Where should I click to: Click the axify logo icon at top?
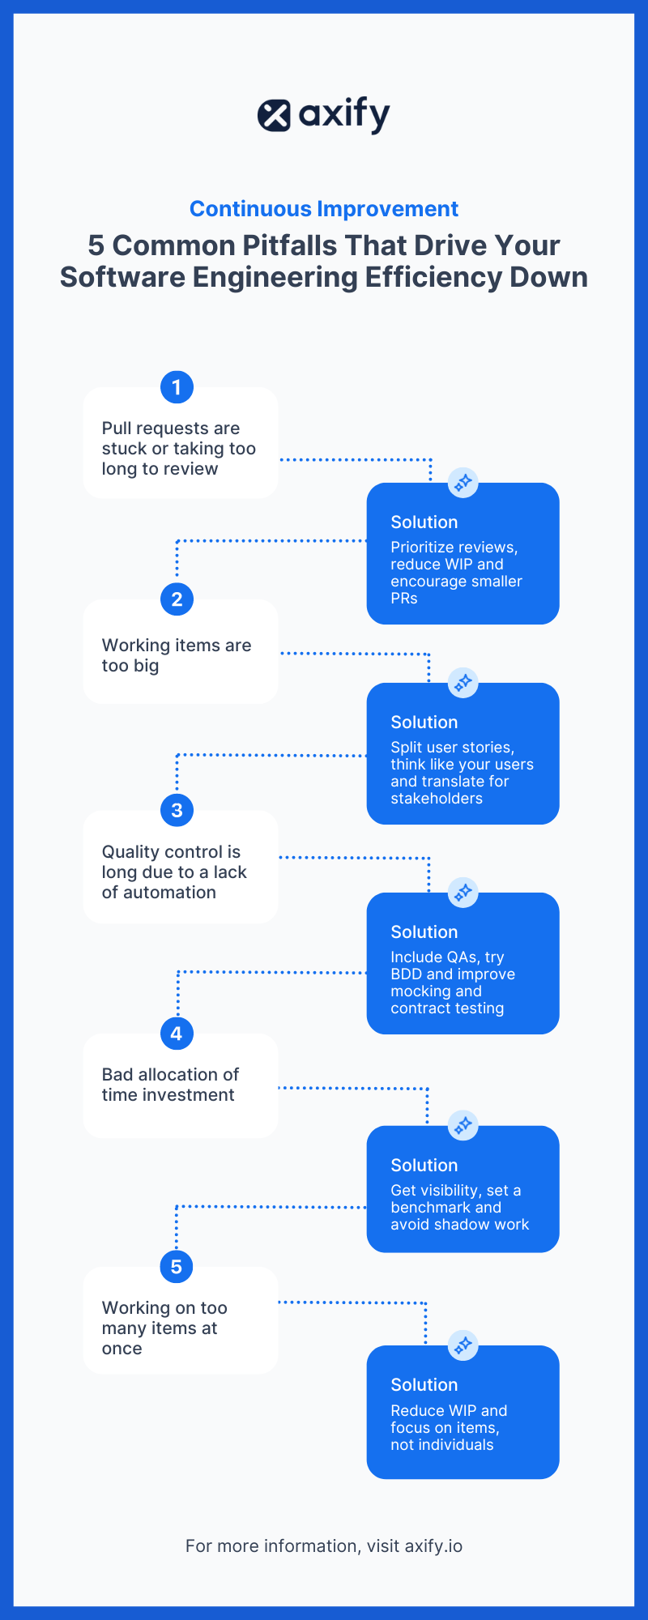pos(274,116)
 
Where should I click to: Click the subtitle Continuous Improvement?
pos(324,209)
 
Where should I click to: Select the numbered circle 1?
pos(177,387)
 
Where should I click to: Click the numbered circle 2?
pos(177,599)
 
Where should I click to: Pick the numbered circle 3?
pos(177,810)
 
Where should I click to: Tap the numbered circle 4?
pos(177,1034)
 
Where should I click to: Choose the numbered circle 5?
pos(177,1267)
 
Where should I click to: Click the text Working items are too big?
pos(176,655)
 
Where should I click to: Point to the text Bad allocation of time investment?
pos(170,1085)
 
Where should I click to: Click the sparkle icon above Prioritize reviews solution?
pos(463,483)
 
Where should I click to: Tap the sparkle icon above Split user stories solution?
pos(463,683)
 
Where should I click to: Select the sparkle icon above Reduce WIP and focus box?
pos(463,1345)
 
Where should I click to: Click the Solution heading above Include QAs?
pos(424,932)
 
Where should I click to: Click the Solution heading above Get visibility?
pos(424,1166)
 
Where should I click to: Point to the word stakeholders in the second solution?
pos(436,799)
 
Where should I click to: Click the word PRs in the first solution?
pos(403,599)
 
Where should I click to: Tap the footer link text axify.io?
pos(433,1546)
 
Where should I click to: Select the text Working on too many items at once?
pos(164,1328)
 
